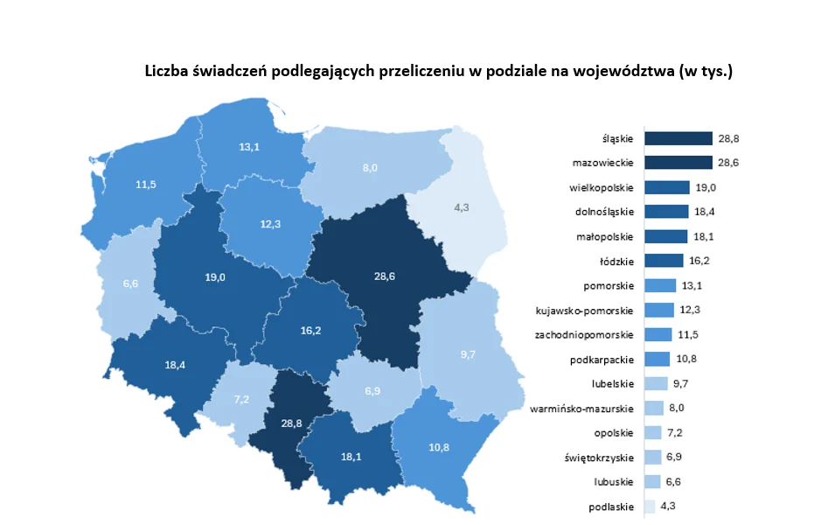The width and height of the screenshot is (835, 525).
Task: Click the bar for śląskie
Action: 678,138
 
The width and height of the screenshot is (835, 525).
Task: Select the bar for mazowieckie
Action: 678,163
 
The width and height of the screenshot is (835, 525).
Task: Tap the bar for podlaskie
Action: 649,506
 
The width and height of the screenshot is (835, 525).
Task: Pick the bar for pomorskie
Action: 659,285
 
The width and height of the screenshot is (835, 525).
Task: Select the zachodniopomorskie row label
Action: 585,334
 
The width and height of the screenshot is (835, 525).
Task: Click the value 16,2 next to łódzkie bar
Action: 698,261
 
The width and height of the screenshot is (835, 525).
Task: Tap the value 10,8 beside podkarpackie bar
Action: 685,359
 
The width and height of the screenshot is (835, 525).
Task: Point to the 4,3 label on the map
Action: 462,207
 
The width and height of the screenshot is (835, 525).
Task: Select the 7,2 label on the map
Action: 241,399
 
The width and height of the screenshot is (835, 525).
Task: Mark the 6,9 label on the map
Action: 372,388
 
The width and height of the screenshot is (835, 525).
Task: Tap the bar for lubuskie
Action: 651,481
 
